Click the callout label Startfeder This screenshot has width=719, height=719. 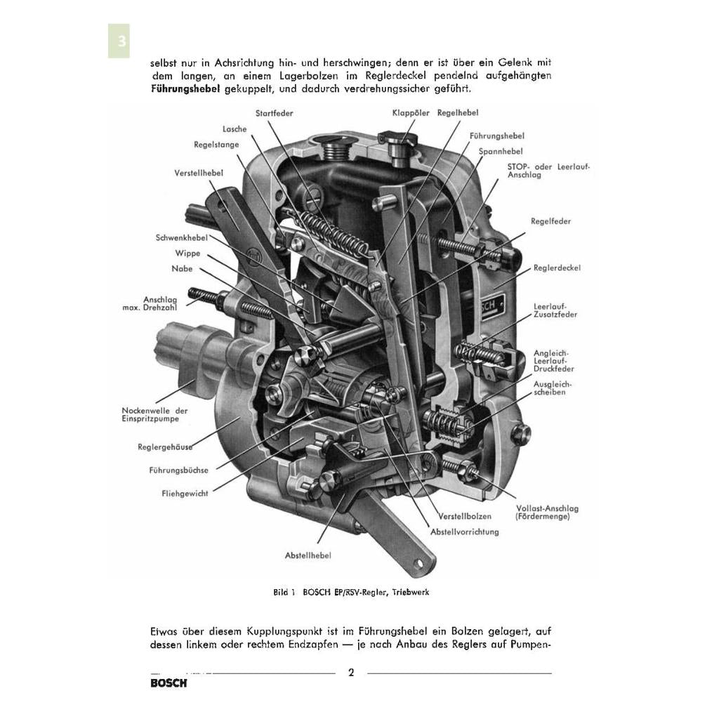[x=275, y=112]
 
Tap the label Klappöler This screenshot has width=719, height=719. [x=411, y=112]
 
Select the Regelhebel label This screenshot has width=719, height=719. [x=458, y=112]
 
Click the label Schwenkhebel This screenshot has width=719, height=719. [x=182, y=237]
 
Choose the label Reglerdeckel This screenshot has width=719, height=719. [x=557, y=268]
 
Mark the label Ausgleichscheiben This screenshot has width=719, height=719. [x=553, y=388]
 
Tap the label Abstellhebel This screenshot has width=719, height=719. [x=308, y=555]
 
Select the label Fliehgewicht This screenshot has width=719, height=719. [x=185, y=494]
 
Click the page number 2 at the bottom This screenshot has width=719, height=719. [x=351, y=673]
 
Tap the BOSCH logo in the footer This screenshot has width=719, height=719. [x=169, y=683]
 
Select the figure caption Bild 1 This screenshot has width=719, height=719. [x=350, y=592]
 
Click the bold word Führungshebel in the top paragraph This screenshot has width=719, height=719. [x=185, y=89]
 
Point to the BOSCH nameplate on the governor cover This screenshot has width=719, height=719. [x=489, y=303]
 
